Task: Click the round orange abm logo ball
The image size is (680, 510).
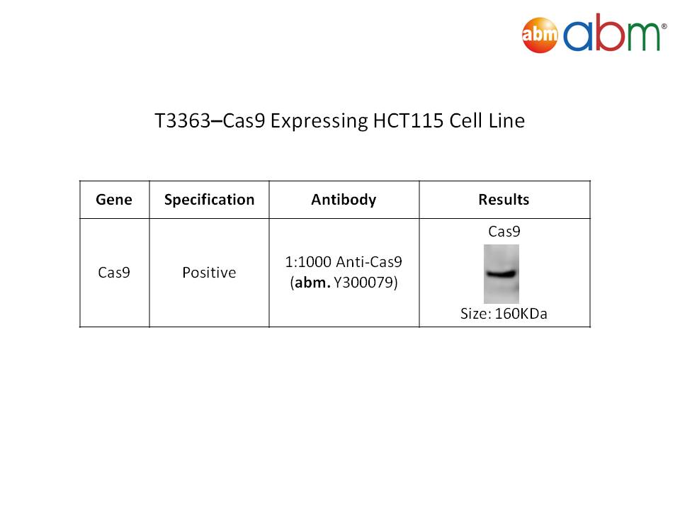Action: pos(540,35)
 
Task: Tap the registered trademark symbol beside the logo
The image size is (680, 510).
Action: pos(664,26)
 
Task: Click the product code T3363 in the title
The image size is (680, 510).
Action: pos(183,120)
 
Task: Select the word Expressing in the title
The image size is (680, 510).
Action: pos(319,121)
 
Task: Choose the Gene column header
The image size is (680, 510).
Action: pos(114,200)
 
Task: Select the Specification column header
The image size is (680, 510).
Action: pos(209,200)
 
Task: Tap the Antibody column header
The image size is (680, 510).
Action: pos(344,200)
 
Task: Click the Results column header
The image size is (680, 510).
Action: pos(504,200)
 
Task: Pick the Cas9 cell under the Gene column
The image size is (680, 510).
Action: pos(114,272)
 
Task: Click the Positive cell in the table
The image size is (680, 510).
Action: pos(209,272)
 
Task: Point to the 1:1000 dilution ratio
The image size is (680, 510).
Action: pos(308,262)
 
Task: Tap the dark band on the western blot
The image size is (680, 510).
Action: pos(501,273)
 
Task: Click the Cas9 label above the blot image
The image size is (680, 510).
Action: pos(504,232)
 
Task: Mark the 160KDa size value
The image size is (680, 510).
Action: pos(521,314)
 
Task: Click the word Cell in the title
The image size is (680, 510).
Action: pos(466,120)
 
